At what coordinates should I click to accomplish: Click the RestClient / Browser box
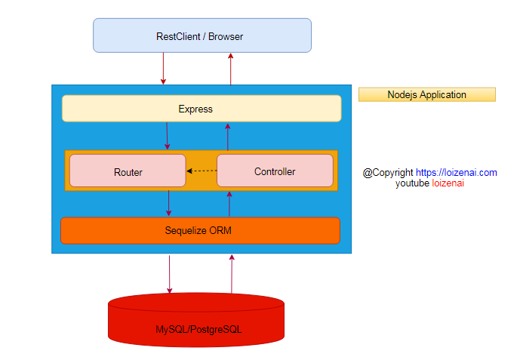click(202, 35)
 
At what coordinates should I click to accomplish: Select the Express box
click(201, 109)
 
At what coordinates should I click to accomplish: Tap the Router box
click(128, 171)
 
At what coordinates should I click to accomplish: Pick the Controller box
click(275, 171)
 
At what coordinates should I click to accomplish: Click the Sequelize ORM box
click(200, 230)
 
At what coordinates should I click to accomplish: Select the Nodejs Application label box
click(426, 94)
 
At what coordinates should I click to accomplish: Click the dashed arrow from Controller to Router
click(202, 171)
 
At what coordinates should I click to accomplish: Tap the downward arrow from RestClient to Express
click(163, 69)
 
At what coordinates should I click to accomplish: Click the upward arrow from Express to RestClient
click(231, 69)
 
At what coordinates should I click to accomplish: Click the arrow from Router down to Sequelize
click(168, 204)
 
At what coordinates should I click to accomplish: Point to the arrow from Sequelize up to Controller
click(229, 204)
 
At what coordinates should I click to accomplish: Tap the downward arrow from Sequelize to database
click(169, 273)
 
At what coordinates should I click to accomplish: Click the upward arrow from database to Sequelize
click(232, 273)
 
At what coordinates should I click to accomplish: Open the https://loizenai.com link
click(456, 172)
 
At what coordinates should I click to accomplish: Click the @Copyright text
click(388, 172)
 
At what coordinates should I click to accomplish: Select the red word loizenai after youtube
click(448, 183)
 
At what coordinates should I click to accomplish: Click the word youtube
click(412, 183)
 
